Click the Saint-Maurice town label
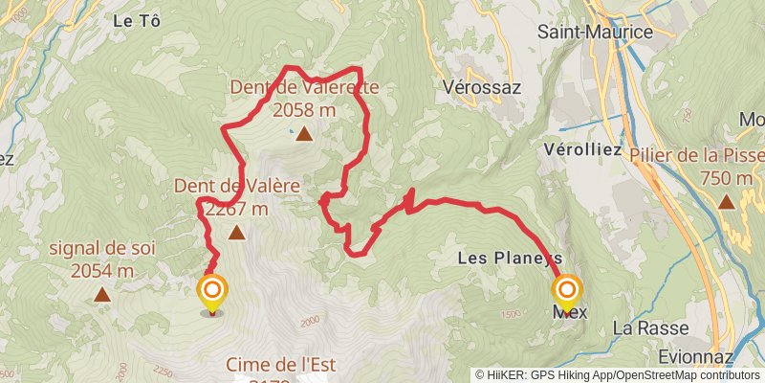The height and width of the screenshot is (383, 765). [x=595, y=32]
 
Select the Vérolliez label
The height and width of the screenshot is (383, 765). [x=581, y=150]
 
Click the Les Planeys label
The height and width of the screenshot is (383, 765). [x=509, y=258]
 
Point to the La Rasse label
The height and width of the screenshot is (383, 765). [x=638, y=327]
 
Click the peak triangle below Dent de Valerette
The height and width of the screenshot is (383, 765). [x=304, y=134]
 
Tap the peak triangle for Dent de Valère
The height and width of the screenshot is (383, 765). [x=236, y=232]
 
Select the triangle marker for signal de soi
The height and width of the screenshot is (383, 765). [x=102, y=296]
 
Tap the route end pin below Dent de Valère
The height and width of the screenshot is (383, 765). [x=211, y=291]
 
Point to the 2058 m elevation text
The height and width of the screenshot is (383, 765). [x=304, y=110]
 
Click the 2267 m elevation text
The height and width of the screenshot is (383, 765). [x=235, y=209]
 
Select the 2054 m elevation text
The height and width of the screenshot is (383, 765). [x=102, y=271]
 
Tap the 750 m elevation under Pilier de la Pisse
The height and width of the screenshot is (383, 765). [x=726, y=178]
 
